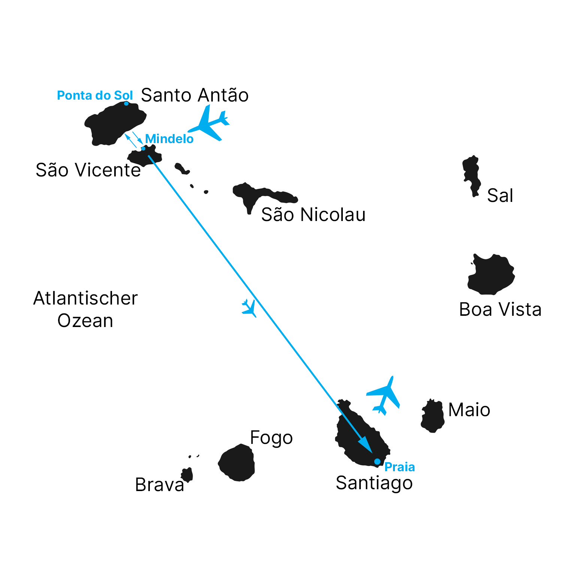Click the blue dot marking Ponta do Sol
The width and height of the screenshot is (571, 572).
tap(126, 103)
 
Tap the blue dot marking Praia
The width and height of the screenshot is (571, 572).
tap(377, 461)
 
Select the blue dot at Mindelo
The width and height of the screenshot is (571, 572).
tap(143, 148)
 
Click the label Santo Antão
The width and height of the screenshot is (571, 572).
tap(195, 95)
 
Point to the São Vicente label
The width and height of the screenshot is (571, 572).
tap(88, 170)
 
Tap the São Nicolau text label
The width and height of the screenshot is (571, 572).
tap(313, 215)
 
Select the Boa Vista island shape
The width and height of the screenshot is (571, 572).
tap(491, 275)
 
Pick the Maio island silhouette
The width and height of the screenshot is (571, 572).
tap(433, 416)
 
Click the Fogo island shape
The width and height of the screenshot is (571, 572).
tap(237, 463)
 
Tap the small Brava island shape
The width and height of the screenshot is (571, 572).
tap(187, 475)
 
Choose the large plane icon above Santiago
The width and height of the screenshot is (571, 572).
tap(384, 396)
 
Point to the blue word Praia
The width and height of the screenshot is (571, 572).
tap(400, 467)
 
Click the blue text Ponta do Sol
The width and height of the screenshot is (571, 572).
tap(95, 96)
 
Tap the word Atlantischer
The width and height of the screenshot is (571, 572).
tap(85, 299)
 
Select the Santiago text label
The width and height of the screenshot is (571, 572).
tap(374, 483)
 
